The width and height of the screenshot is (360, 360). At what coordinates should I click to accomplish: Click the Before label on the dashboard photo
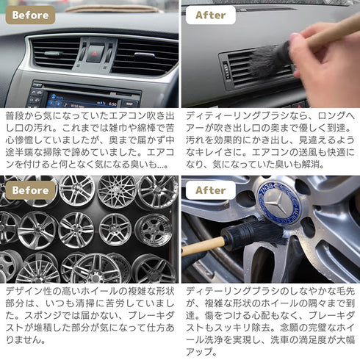pos(30,15)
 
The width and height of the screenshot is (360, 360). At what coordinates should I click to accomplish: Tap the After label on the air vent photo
pos(210,15)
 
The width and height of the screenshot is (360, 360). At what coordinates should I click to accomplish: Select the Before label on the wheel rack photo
pos(30,190)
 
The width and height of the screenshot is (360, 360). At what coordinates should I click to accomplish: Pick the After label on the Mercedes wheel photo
pos(210,190)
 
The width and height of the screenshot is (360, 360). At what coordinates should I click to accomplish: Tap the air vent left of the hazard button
pos(55,54)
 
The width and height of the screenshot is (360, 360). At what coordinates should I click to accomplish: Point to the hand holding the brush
pos(331,66)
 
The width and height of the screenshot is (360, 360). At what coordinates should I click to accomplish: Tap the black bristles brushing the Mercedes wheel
pos(253,234)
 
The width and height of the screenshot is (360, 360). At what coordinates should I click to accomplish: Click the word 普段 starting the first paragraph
pos(15,116)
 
